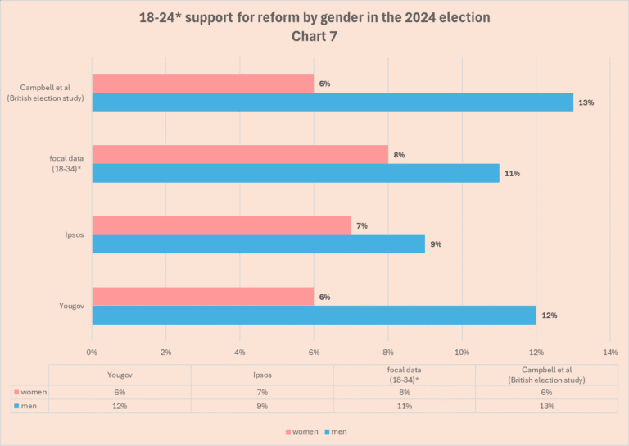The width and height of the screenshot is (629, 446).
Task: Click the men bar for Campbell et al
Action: coord(332,102)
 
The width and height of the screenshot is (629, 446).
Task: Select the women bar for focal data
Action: coord(239,154)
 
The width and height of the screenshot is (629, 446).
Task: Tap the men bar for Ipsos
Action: coord(258,243)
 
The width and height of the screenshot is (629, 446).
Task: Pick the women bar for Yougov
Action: coord(202,297)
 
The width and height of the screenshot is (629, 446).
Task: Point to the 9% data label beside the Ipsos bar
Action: coord(436,244)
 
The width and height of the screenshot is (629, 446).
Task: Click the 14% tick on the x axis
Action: coord(609,352)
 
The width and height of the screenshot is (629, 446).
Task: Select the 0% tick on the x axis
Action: coord(92,352)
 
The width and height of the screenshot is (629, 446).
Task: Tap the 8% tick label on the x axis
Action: coord(388,352)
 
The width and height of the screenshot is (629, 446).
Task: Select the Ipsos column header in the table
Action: coord(262,374)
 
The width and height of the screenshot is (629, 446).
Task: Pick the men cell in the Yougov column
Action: coord(120,406)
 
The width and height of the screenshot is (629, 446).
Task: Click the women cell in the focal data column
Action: coord(405,392)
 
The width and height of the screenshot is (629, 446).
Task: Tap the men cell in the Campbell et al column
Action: coord(546,406)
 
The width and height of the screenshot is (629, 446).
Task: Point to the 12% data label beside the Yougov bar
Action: coord(548,316)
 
